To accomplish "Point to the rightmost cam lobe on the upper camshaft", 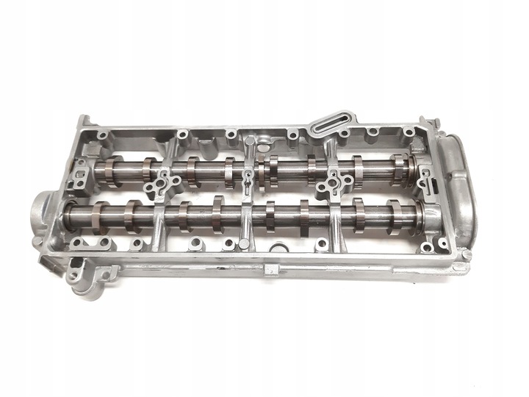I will coord(397,169).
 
